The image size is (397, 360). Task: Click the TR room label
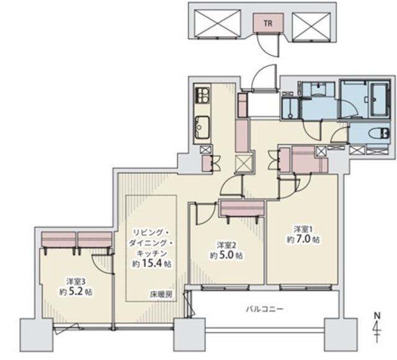tap(268, 24)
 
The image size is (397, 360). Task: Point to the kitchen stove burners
tap(202, 95)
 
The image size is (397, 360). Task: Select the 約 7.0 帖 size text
tap(303, 239)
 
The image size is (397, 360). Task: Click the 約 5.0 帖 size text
tap(226, 255)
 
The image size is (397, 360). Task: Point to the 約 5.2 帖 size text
tap(76, 292)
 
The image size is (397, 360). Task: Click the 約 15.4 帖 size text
tap(151, 264)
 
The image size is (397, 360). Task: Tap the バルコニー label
tap(264, 309)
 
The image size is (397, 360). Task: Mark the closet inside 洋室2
tap(243, 209)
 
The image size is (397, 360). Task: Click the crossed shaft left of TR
tap(218, 24)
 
